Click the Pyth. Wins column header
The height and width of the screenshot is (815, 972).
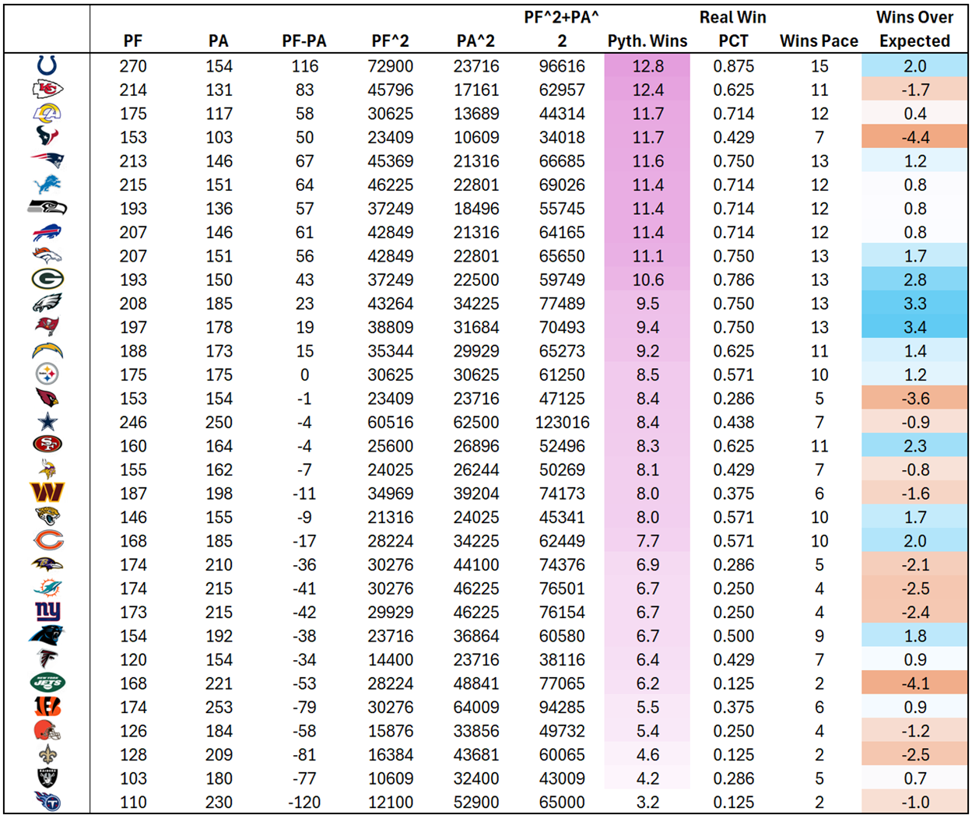[x=647, y=41]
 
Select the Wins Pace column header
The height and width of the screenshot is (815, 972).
[x=819, y=41]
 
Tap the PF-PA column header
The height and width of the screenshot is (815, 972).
[x=304, y=41]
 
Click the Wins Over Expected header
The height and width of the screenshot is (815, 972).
[x=914, y=30]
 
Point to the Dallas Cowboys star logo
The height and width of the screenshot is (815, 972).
[x=47, y=422]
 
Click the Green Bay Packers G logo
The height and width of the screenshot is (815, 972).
[x=47, y=279]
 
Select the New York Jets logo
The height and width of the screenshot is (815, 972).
[x=47, y=683]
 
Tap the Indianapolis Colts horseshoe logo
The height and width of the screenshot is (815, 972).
[x=47, y=66]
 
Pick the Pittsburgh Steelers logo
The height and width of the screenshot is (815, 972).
[x=47, y=374]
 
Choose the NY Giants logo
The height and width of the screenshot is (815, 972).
[x=47, y=612]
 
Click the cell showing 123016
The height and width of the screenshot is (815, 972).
[x=562, y=422]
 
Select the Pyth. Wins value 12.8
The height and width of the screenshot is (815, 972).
[x=647, y=66]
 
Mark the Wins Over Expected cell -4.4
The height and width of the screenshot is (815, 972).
[x=914, y=138]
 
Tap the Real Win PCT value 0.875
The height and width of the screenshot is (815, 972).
[x=733, y=66]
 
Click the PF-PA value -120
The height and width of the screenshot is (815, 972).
[x=304, y=802]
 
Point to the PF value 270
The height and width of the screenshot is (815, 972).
[x=133, y=66]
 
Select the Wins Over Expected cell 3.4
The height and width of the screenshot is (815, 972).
[x=914, y=327]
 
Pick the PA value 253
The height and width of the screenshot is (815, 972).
[x=219, y=707]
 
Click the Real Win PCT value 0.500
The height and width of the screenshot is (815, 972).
[x=733, y=636]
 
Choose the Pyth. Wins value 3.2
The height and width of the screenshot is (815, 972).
[x=647, y=802]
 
